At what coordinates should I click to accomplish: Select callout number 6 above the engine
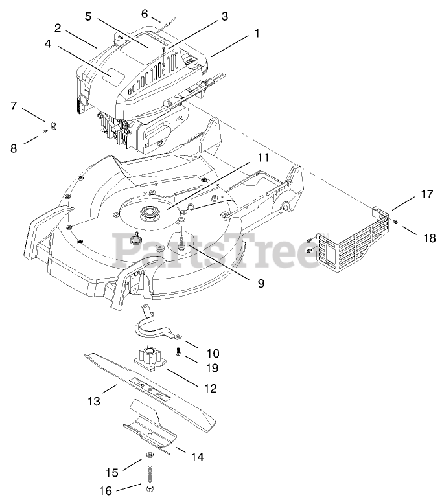click(145, 13)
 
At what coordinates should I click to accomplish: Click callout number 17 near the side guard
click(426, 193)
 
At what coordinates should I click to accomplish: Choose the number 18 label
click(429, 238)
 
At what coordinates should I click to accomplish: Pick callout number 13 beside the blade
click(94, 402)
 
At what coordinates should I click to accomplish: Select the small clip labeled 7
click(53, 122)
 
